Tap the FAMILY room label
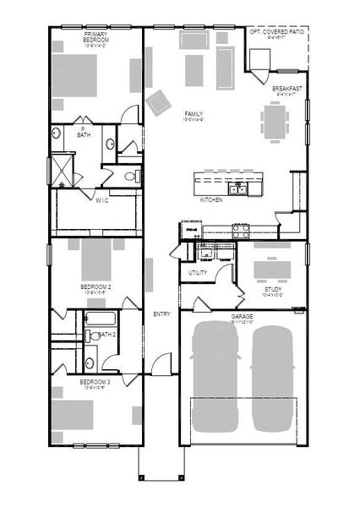193,114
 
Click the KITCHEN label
211,200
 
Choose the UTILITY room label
197,273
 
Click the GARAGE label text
243,315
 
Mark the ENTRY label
161,314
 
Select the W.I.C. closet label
101,200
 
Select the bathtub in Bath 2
101,320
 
